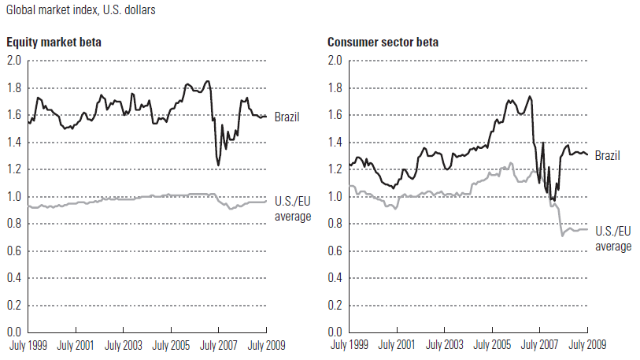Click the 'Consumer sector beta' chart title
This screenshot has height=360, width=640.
click(x=383, y=43)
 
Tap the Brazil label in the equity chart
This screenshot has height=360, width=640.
click(x=287, y=117)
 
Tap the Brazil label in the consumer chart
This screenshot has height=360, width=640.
click(x=607, y=155)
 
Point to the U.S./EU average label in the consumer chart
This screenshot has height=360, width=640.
click(x=612, y=239)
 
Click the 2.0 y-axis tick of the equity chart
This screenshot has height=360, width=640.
click(x=14, y=61)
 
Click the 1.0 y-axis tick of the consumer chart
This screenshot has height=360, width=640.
click(x=335, y=197)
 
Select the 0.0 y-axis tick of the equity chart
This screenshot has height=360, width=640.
click(x=14, y=332)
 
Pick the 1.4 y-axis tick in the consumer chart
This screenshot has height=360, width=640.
click(x=335, y=143)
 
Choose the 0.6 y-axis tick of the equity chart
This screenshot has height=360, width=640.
click(x=14, y=251)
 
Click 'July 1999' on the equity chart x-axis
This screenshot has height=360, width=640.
click(x=28, y=346)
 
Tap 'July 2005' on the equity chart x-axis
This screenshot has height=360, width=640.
click(x=169, y=346)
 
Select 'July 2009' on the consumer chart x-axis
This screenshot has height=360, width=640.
click(x=586, y=346)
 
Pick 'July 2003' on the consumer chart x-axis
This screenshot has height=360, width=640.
click(x=445, y=346)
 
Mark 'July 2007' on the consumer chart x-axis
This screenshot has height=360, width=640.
click(x=539, y=346)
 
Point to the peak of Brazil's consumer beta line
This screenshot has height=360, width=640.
click(x=530, y=96)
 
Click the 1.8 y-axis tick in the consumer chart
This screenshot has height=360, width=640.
click(x=335, y=88)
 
